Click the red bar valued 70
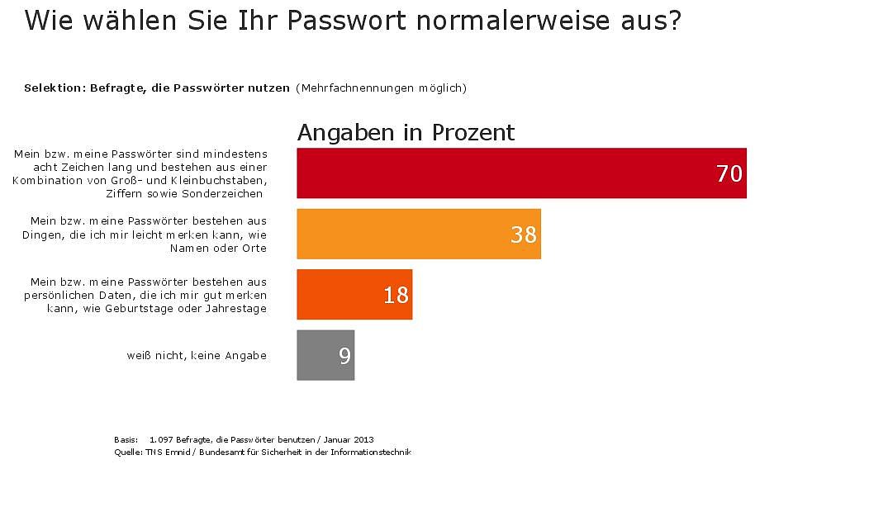[520, 173]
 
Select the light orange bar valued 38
[418, 234]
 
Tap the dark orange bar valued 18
[354, 294]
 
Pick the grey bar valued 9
[325, 355]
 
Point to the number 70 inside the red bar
[729, 174]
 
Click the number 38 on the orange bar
[524, 235]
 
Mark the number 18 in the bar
[396, 295]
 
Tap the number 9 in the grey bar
[344, 356]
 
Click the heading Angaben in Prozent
[406, 132]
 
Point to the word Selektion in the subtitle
[53, 88]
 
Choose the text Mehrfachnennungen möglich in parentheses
[381, 88]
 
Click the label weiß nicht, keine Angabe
[197, 355]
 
